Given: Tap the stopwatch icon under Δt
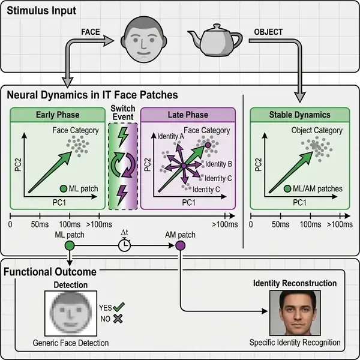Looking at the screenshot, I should pos(125,245).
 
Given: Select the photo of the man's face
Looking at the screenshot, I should pos(295,314).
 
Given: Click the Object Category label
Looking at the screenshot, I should pos(317,130).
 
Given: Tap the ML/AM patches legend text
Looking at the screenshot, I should pos(321,188).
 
